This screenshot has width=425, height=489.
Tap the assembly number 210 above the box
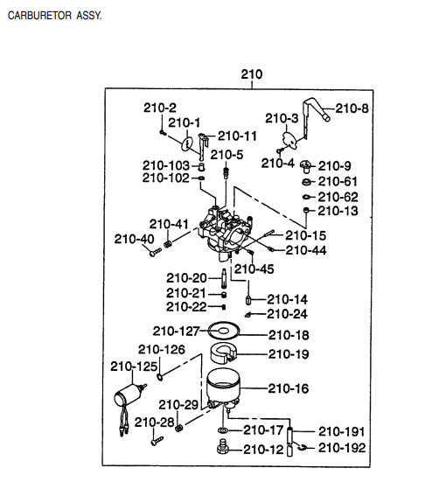[251, 74]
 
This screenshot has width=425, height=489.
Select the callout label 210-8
[352, 108]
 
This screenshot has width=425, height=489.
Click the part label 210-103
[165, 164]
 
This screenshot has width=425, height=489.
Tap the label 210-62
[338, 196]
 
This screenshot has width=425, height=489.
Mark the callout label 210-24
[288, 313]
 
